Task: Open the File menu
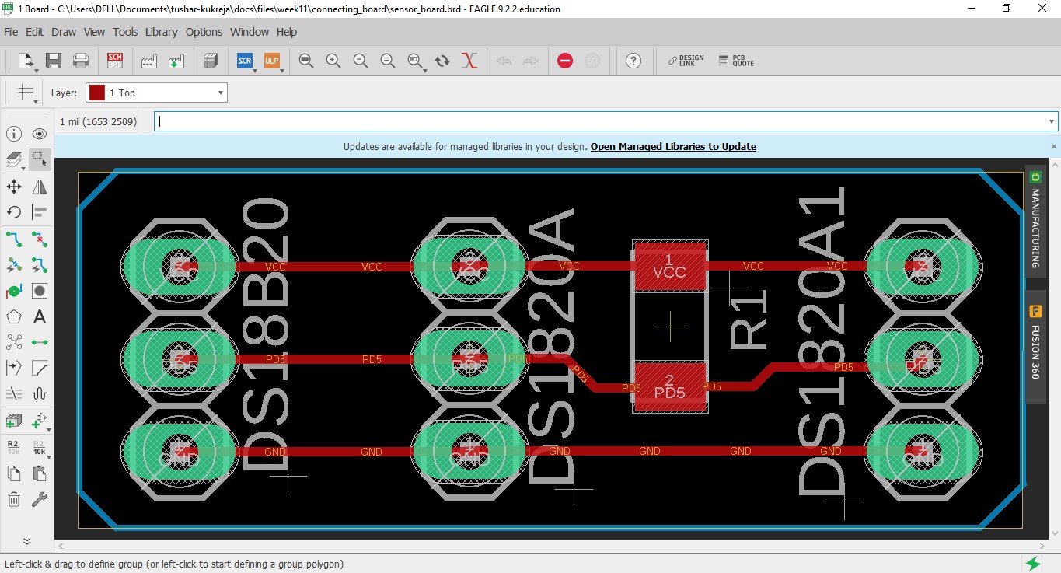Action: (11, 32)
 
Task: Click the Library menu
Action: (161, 32)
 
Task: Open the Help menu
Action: (287, 32)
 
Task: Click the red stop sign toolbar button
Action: (565, 61)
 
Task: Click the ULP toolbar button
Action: (271, 61)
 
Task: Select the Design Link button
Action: (686, 61)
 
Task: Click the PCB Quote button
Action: (736, 61)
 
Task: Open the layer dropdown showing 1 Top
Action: (156, 93)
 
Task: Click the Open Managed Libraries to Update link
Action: (673, 146)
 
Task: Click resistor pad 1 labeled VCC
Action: (669, 266)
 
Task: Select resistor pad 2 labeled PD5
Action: (669, 386)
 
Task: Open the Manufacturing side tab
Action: (1035, 222)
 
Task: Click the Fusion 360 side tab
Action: (1035, 342)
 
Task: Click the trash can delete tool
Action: (14, 499)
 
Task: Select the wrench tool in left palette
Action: (39, 499)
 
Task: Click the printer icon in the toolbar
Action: (80, 61)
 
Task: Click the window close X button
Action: (1042, 9)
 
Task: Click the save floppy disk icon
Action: (54, 61)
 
